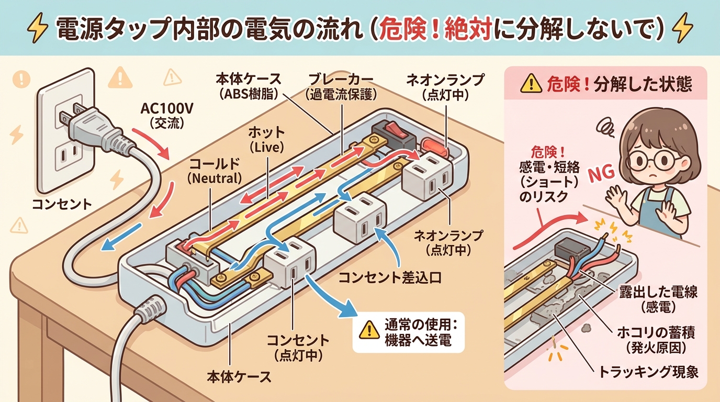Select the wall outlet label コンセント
(62, 203)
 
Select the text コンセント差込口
(390, 277)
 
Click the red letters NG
(601, 176)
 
